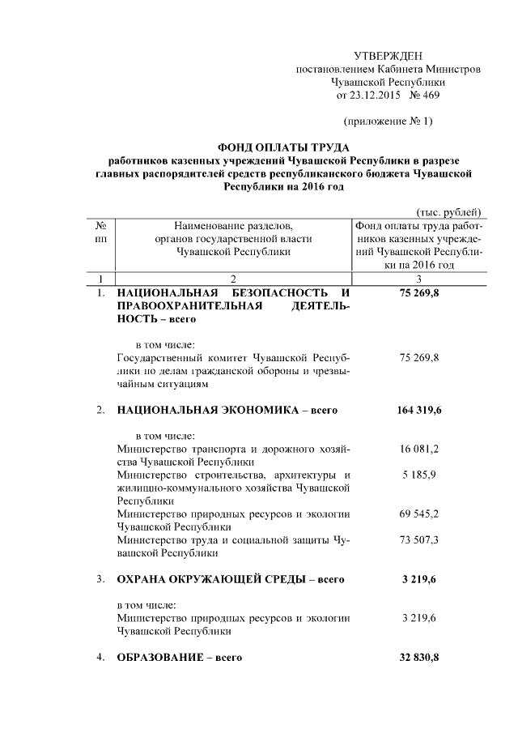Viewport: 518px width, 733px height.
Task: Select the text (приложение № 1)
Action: coord(388,121)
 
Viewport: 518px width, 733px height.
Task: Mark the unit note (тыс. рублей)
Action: coord(448,212)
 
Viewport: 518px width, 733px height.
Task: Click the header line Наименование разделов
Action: coord(232,226)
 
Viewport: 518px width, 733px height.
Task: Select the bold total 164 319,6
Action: coord(419,410)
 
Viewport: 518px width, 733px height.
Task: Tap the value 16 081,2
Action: coord(419,449)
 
